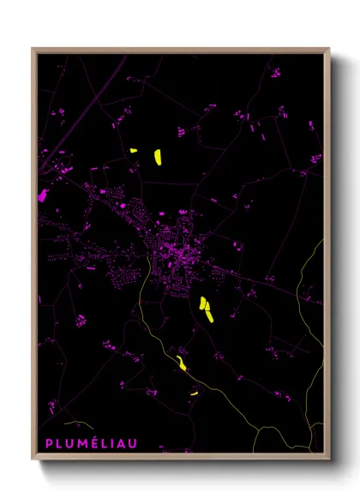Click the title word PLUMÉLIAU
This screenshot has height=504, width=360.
pos(84,443)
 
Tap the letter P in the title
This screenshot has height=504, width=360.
pos(48,443)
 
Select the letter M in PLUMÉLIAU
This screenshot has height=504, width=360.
pos(77,443)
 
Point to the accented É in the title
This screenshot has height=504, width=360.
pos(88,443)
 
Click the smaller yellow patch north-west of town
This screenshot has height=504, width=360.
pos(134,151)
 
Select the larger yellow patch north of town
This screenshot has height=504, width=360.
pos(158,156)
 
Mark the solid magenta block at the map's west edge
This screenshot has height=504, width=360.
pos(42,195)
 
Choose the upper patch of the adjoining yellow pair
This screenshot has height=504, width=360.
pos(204,303)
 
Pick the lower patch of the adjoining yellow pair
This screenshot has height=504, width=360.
pos(209,315)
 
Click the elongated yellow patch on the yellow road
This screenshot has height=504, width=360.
pos(181,363)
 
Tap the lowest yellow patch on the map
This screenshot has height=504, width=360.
pos(195,393)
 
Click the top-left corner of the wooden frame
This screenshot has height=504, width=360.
pos(33,49)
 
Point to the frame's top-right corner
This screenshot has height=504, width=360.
pos(329,49)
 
